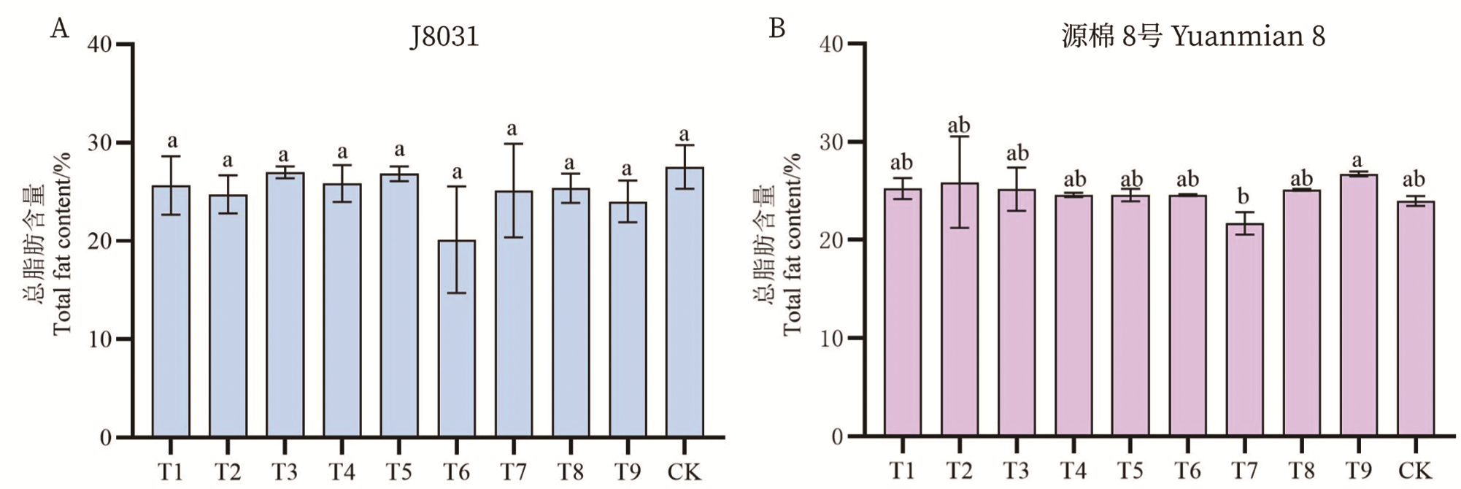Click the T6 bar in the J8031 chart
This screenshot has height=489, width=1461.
(457, 339)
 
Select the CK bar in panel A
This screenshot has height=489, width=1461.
(685, 302)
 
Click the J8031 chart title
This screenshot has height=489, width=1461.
(444, 36)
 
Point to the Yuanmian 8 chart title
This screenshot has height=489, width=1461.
(1192, 36)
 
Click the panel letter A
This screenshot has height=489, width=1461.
(59, 29)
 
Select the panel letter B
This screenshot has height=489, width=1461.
(777, 29)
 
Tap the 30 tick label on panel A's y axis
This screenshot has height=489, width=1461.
(100, 143)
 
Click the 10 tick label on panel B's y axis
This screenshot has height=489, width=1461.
(830, 339)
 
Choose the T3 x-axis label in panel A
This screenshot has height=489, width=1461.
(285, 472)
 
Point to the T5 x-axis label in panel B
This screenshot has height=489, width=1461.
(1130, 471)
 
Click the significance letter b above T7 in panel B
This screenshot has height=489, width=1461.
(1244, 197)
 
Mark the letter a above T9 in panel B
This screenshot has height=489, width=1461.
(1357, 160)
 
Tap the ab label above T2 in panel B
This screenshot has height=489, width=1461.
(959, 126)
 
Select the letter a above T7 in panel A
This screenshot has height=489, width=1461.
(512, 129)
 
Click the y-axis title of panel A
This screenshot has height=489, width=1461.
(50, 244)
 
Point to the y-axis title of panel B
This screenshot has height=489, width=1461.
(780, 244)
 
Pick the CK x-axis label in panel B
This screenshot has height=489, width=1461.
(1414, 471)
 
